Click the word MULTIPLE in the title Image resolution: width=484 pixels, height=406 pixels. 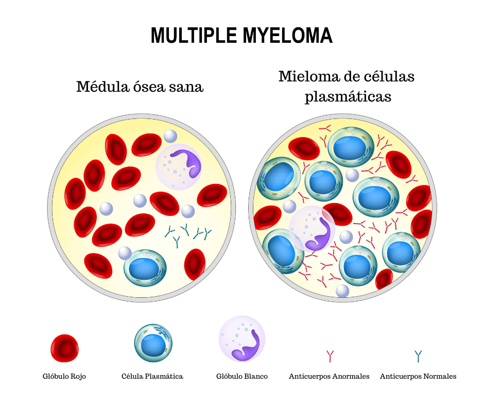pyautogui.click(x=192, y=36)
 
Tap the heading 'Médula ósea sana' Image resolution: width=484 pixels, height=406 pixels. pyautogui.click(x=140, y=87)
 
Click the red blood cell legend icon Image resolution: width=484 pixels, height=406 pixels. pyautogui.click(x=64, y=348)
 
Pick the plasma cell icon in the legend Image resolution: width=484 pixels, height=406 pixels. pyautogui.click(x=153, y=343)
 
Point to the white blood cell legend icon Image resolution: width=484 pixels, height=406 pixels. pyautogui.click(x=242, y=339)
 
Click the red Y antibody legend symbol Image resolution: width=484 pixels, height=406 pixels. pyautogui.click(x=330, y=356)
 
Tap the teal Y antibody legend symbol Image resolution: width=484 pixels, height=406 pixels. pyautogui.click(x=418, y=356)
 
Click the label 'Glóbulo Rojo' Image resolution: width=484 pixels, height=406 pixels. pyautogui.click(x=64, y=377)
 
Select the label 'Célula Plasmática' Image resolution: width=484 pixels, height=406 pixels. pyautogui.click(x=152, y=377)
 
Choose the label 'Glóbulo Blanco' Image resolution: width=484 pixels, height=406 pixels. pyautogui.click(x=242, y=377)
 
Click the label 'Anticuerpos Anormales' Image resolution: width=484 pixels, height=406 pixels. pyautogui.click(x=330, y=377)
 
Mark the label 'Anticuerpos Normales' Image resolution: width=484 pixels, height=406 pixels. pyautogui.click(x=418, y=377)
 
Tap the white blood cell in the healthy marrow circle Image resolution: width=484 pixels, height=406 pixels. pyautogui.click(x=179, y=165)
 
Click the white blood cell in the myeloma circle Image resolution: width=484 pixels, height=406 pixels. pyautogui.click(x=312, y=230)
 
